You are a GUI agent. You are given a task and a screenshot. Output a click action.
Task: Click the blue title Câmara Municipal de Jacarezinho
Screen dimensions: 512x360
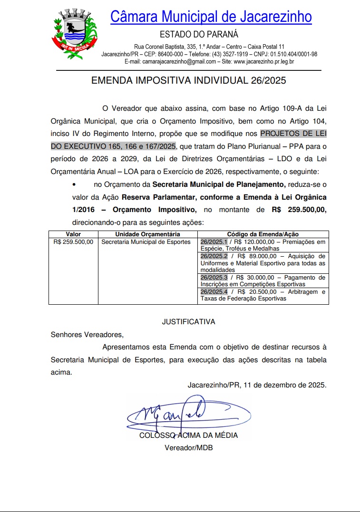tap(211, 17)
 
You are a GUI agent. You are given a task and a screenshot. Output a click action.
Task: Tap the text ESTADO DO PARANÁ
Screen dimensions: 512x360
tap(199, 34)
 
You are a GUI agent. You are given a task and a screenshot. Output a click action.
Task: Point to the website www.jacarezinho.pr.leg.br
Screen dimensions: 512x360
tap(263, 61)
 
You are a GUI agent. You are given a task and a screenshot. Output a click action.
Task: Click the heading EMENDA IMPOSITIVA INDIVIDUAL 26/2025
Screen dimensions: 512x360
tap(188, 80)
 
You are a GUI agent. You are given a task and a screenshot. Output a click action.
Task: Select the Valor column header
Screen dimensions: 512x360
tap(73, 234)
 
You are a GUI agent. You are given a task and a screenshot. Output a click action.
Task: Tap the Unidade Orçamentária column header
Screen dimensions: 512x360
tap(147, 234)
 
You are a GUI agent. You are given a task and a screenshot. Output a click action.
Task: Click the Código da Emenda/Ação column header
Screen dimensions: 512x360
tap(263, 234)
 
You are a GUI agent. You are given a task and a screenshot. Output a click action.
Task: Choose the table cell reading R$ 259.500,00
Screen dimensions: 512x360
tap(73, 242)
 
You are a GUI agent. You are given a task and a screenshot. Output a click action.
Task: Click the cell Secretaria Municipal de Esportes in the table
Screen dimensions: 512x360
tap(146, 242)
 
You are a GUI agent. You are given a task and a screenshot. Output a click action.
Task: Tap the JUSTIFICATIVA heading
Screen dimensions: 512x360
tap(188, 322)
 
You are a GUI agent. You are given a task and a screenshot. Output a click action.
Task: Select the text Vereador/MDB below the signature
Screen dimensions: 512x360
tap(188, 448)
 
